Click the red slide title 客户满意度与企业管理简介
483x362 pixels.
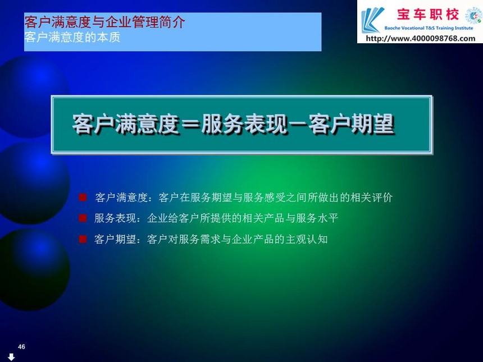tap(104, 22)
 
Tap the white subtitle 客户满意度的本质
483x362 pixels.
tap(72, 38)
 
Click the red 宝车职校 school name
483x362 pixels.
tap(428, 15)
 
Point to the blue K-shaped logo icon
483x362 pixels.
tap(373, 20)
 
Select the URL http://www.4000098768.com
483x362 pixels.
tap(421, 39)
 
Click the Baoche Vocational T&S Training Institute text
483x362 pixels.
tap(429, 28)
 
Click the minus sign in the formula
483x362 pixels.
tap(298, 125)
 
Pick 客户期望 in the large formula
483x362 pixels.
tap(351, 124)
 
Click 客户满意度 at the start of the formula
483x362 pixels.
tap(126, 124)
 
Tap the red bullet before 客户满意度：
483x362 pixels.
tap(83, 198)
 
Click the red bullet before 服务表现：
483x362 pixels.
tap(83, 218)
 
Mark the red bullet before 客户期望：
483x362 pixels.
tap(83, 239)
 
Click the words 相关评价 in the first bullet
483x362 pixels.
tap(371, 198)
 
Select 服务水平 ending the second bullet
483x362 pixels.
tap(317, 218)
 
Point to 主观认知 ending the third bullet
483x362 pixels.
tap(307, 239)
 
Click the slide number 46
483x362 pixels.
tap(21, 347)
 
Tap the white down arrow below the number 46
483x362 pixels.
tap(11, 357)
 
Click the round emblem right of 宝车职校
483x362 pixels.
tap(473, 16)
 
